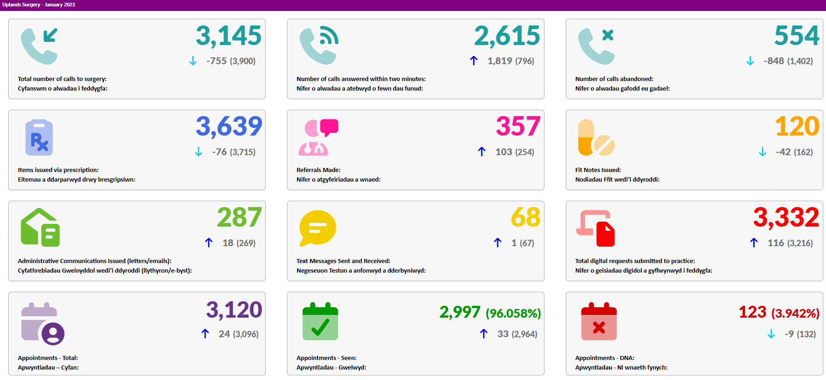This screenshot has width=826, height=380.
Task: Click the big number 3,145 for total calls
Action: [x=228, y=36]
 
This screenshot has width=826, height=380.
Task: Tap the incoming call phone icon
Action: [x=39, y=46]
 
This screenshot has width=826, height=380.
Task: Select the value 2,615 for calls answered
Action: [x=507, y=36]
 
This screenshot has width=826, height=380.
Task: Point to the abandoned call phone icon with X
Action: [x=596, y=46]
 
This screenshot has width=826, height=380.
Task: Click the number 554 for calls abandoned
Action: [x=796, y=35]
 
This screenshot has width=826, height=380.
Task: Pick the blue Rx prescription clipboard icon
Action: [x=39, y=137]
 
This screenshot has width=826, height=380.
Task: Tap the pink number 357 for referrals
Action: [x=518, y=126]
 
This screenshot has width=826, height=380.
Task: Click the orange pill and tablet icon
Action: [x=596, y=137]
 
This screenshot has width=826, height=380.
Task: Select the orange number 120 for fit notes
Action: [x=797, y=126]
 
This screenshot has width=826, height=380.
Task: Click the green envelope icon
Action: [x=40, y=228]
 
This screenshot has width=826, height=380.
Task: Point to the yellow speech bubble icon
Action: [x=317, y=228]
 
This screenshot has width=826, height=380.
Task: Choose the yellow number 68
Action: [x=526, y=217]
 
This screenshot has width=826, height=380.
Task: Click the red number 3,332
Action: [x=786, y=218]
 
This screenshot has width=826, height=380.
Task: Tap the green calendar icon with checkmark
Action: [x=320, y=321]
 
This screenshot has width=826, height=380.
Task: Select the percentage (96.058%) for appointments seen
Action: [x=513, y=313]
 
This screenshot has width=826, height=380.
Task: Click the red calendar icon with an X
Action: [x=599, y=321]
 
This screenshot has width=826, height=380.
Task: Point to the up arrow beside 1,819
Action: [x=473, y=61]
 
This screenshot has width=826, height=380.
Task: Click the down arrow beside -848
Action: [x=750, y=61]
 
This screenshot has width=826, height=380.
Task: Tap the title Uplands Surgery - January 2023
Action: [x=39, y=5]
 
